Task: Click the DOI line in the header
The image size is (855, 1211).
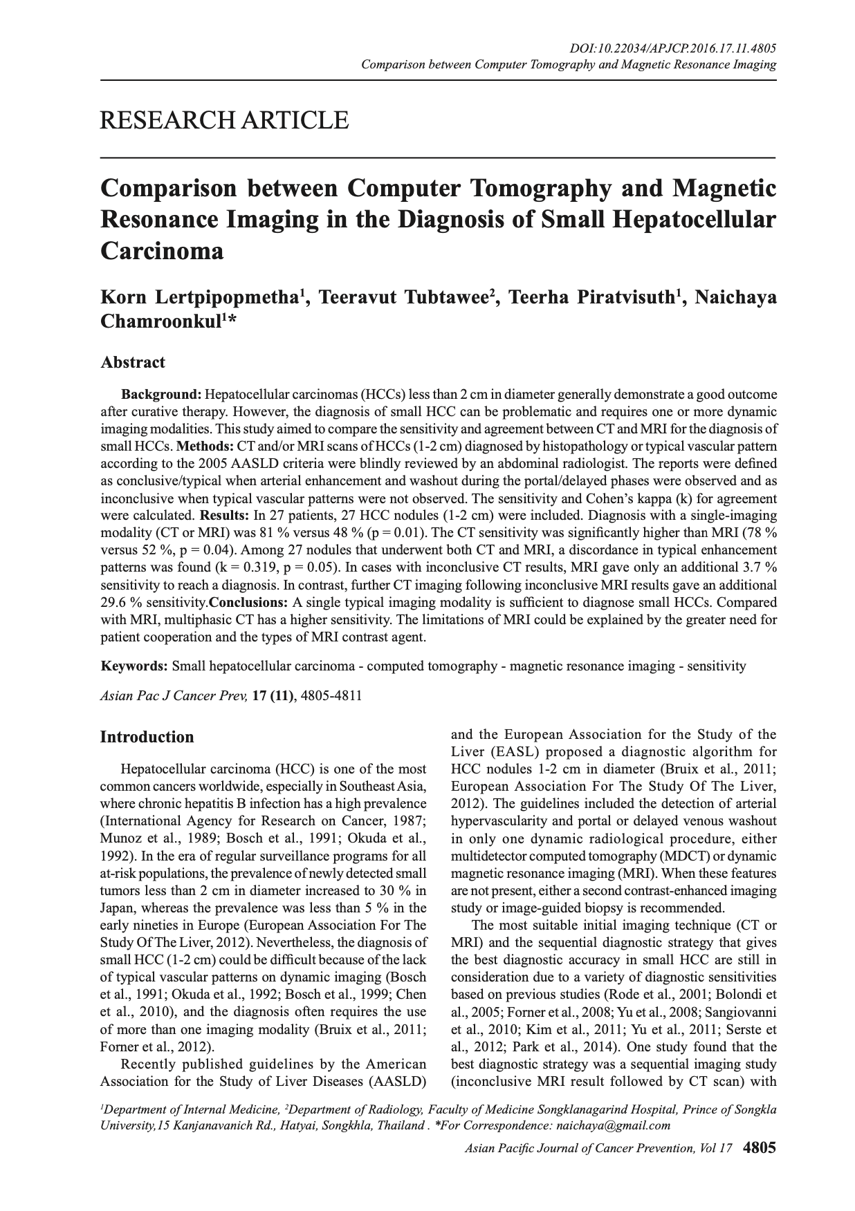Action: (672, 48)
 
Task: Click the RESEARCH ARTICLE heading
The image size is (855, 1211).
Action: (224, 121)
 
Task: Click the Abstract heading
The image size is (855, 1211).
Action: (133, 362)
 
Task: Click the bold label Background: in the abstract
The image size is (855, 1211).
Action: (161, 395)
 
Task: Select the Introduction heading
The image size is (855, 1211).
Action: (147, 737)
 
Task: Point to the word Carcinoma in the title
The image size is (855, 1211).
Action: (163, 250)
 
